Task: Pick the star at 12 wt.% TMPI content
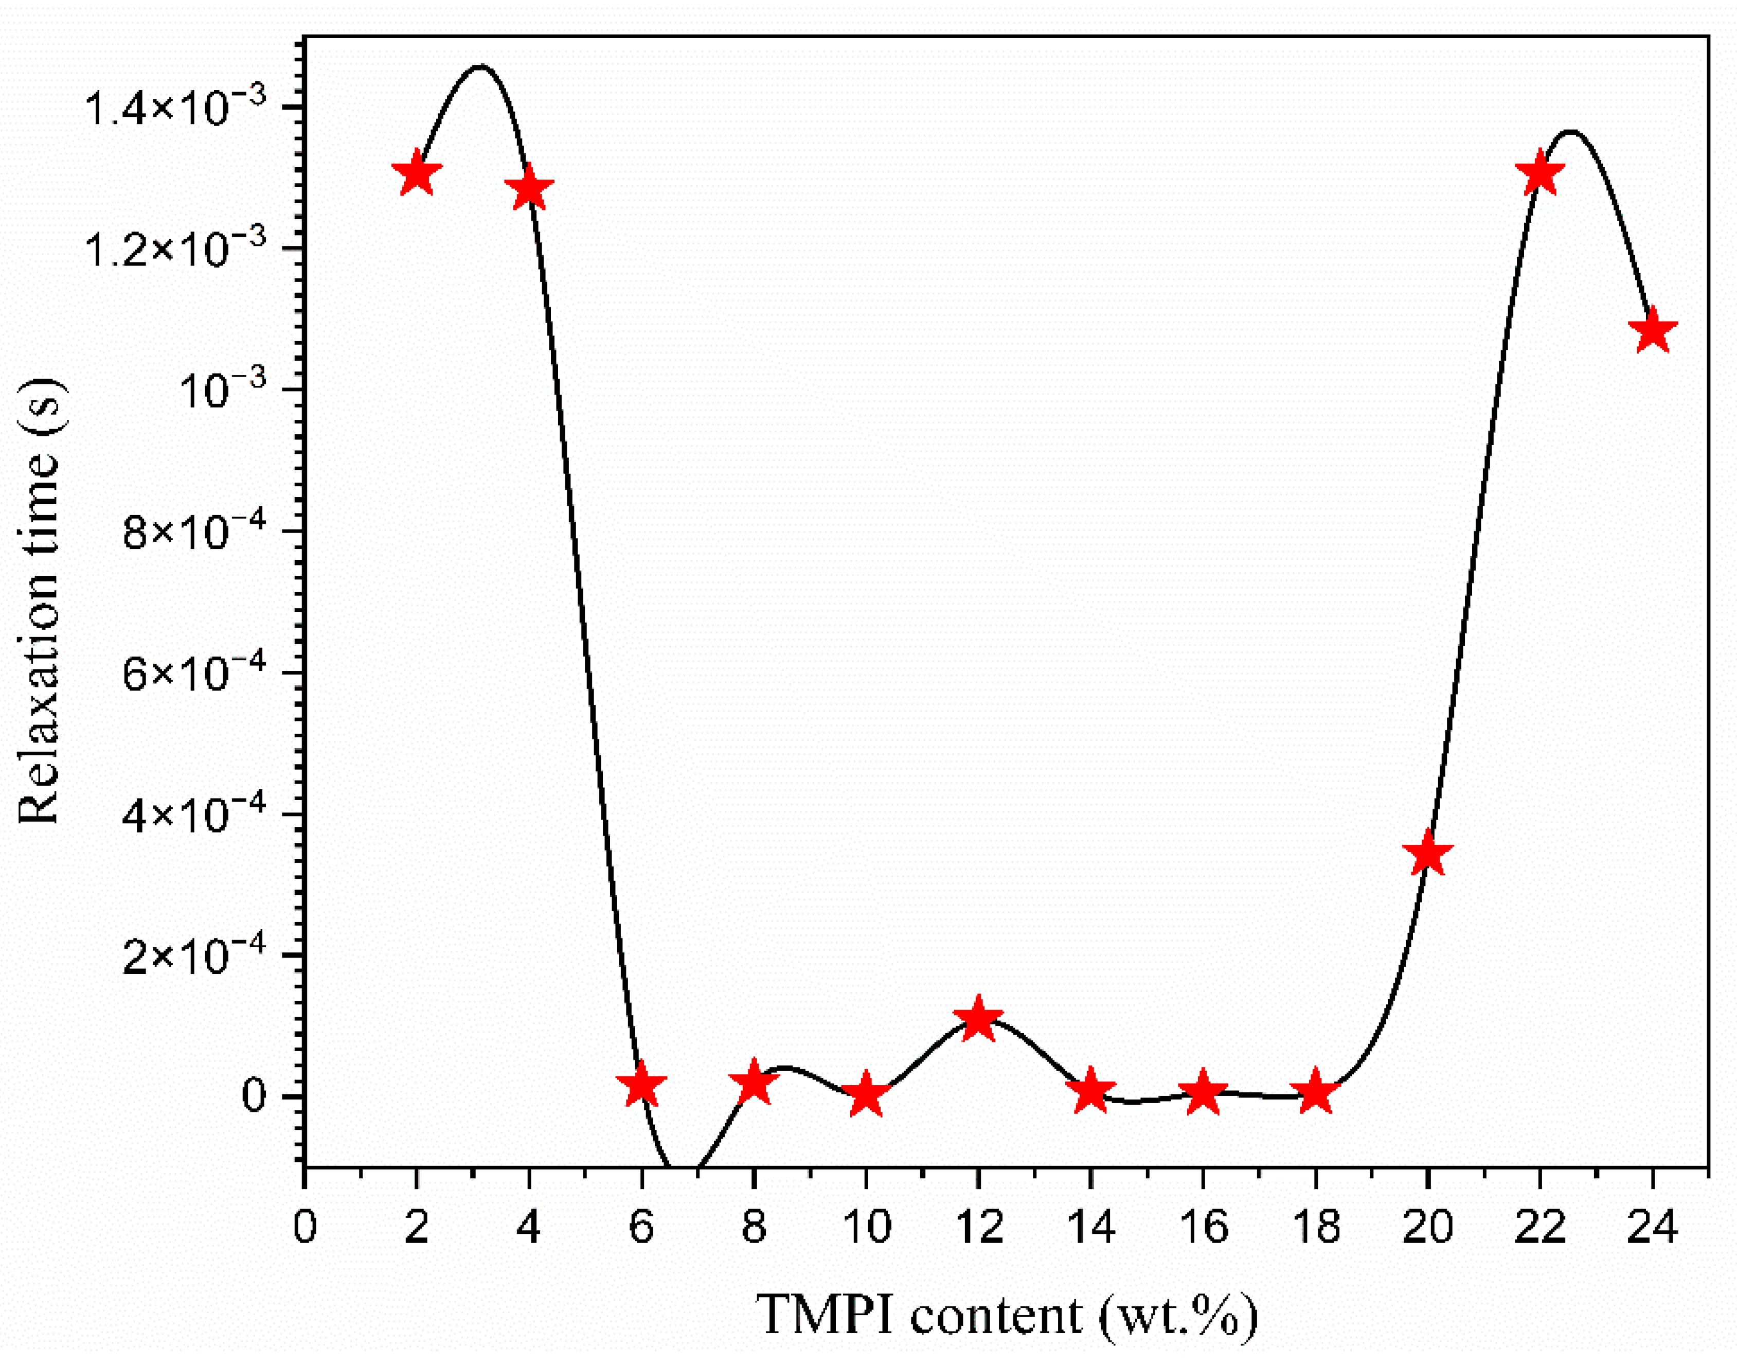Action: click(x=977, y=1020)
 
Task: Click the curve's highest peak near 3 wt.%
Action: click(x=479, y=67)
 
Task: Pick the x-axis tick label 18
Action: click(x=1316, y=1228)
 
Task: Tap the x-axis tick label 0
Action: click(x=304, y=1228)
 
